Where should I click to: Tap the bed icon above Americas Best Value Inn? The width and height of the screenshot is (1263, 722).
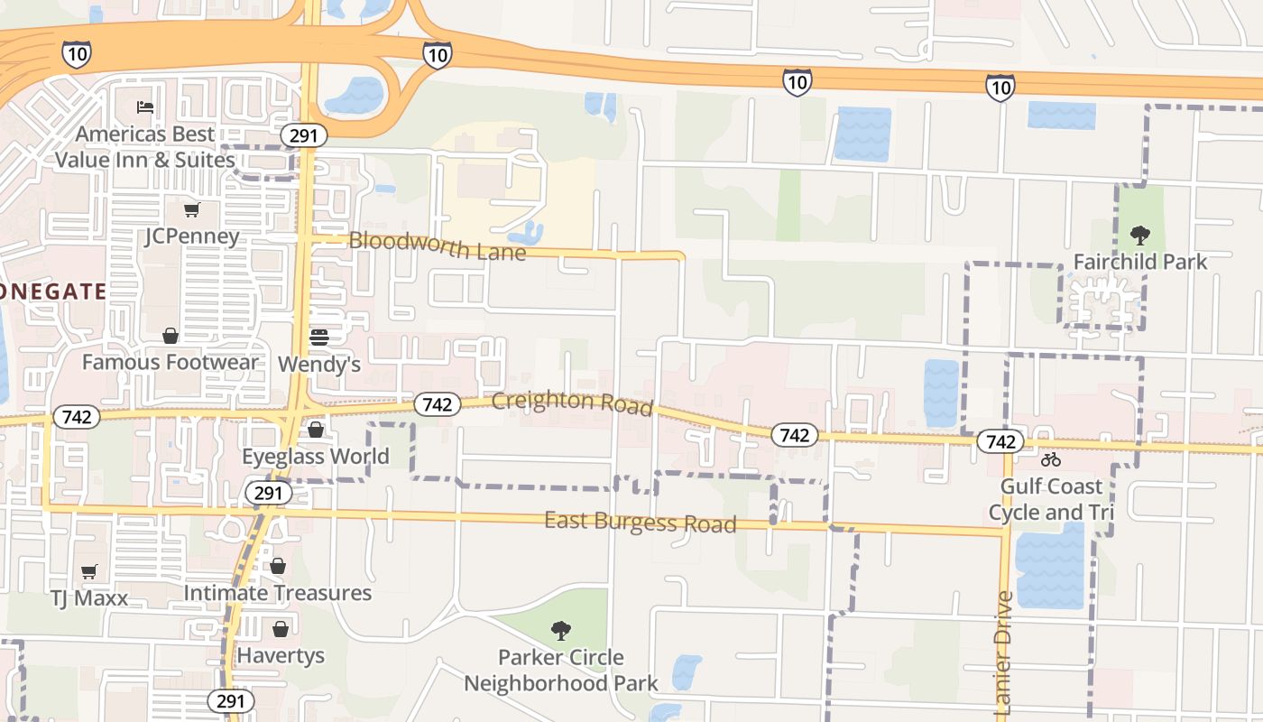click(145, 106)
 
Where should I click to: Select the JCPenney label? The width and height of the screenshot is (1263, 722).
click(191, 236)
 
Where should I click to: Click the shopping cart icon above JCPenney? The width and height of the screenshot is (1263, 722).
click(191, 210)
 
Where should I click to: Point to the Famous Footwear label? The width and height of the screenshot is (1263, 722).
click(170, 363)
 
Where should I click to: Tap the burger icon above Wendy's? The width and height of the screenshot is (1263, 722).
click(318, 338)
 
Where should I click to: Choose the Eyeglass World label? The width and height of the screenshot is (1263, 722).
click(316, 457)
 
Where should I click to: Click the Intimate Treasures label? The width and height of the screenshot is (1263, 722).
click(278, 593)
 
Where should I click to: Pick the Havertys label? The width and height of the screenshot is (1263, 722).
click(281, 655)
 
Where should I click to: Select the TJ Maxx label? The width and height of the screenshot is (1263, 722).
click(88, 598)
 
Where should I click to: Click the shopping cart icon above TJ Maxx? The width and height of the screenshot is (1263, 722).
click(88, 571)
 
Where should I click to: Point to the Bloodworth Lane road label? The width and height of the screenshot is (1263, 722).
click(437, 245)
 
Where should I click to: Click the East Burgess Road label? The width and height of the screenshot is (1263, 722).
click(641, 523)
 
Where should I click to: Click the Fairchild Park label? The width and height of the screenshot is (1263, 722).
click(1139, 263)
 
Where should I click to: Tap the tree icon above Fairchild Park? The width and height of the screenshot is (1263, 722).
click(1140, 236)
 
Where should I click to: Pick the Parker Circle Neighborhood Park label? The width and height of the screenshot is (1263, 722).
click(561, 671)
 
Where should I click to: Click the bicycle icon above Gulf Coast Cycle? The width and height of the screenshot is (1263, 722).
click(1051, 459)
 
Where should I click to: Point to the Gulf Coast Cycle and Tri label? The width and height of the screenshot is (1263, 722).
click(1051, 500)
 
